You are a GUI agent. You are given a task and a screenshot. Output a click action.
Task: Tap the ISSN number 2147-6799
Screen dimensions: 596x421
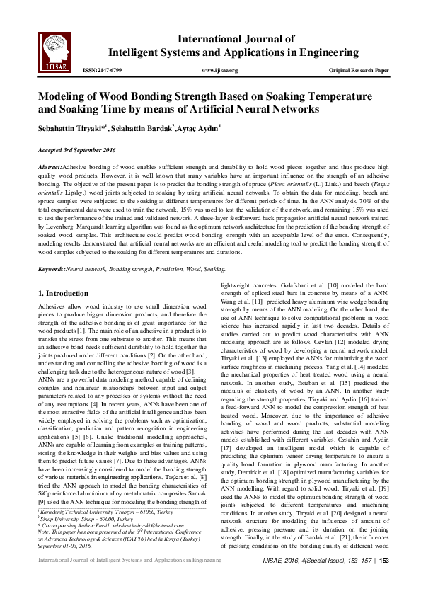coord(103,71)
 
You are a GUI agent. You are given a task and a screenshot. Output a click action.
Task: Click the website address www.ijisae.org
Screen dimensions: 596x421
coord(219,71)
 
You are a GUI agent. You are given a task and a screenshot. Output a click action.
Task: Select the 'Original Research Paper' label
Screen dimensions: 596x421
coord(359,71)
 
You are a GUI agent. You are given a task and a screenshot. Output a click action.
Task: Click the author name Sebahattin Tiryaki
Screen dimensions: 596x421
coord(62,128)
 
